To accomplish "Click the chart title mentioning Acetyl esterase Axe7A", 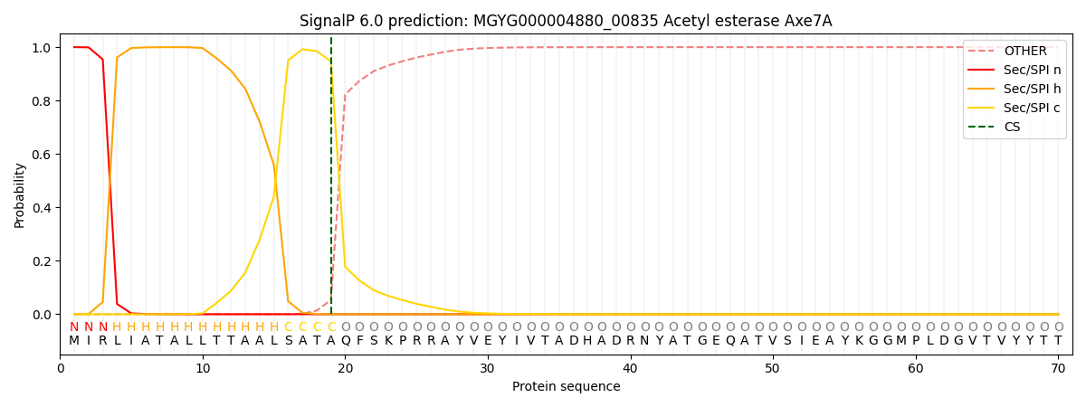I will click(566, 21).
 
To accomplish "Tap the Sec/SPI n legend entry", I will click(1032, 71).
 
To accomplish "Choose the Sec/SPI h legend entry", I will click(1032, 90).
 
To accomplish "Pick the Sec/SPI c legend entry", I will click(1032, 109).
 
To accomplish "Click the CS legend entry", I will click(1012, 128).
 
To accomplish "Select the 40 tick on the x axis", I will click(631, 368).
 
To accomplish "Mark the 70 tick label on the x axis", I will click(1058, 368).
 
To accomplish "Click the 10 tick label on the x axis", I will click(203, 368).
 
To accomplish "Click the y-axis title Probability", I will click(20, 195).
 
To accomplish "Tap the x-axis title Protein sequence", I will click(566, 387).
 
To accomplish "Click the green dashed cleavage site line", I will click(331, 181).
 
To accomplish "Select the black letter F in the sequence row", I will click(360, 341).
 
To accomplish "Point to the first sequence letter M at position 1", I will click(74, 341).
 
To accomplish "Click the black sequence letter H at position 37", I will click(588, 341).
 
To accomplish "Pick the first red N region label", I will click(74, 327).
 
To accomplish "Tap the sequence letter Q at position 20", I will click(346, 341).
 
